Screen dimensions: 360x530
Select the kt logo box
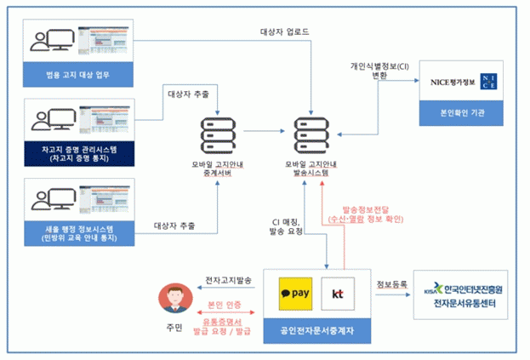click(338, 294)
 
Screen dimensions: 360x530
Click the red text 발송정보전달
click(365, 209)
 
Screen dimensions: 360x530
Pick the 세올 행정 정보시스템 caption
click(78, 232)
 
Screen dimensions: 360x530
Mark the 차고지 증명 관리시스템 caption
click(78, 153)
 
